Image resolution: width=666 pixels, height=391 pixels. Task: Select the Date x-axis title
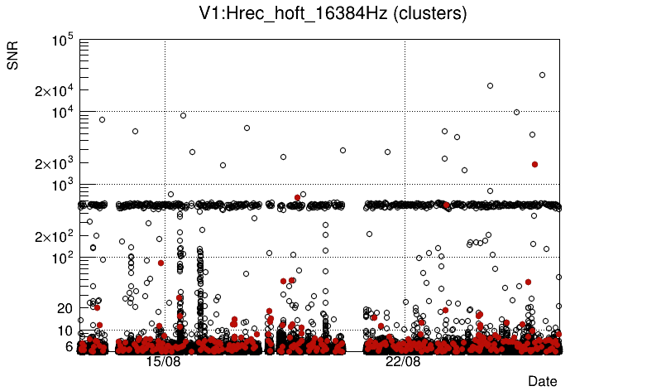pos(543,381)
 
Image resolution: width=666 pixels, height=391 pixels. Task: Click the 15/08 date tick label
pos(163,362)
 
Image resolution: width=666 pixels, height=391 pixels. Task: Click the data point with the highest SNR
pos(542,75)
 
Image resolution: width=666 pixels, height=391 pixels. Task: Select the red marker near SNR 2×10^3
pos(534,164)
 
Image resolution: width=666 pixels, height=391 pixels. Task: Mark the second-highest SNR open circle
pos(490,85)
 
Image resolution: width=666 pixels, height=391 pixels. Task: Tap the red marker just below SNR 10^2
pos(161,263)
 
